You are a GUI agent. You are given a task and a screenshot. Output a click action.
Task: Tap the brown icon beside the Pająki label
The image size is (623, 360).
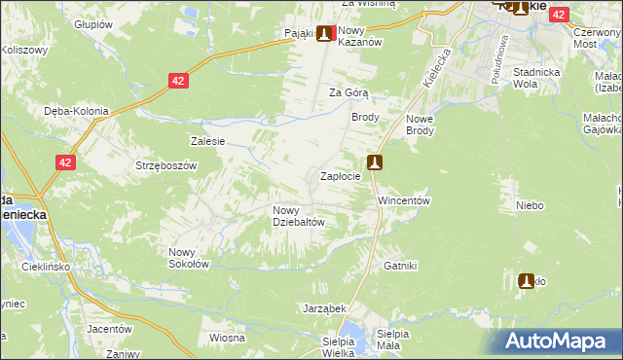click(x=322, y=33)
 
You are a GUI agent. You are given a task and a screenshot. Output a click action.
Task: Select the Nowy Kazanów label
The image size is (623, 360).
click(x=358, y=37)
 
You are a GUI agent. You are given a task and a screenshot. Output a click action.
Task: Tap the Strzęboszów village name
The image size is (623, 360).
click(x=166, y=165)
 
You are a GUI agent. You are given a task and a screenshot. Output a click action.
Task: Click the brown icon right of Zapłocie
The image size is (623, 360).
click(x=375, y=162)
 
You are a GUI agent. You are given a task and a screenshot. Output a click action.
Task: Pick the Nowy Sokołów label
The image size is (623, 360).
click(x=189, y=257)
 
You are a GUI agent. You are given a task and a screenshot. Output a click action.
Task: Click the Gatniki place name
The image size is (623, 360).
click(x=400, y=266)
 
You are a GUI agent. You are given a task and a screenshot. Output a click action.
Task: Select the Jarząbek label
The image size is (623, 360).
click(x=324, y=307)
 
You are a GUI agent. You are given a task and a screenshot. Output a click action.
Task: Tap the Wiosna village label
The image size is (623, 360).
click(x=226, y=338)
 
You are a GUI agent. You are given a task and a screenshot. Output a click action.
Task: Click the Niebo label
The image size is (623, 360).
click(x=530, y=205)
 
